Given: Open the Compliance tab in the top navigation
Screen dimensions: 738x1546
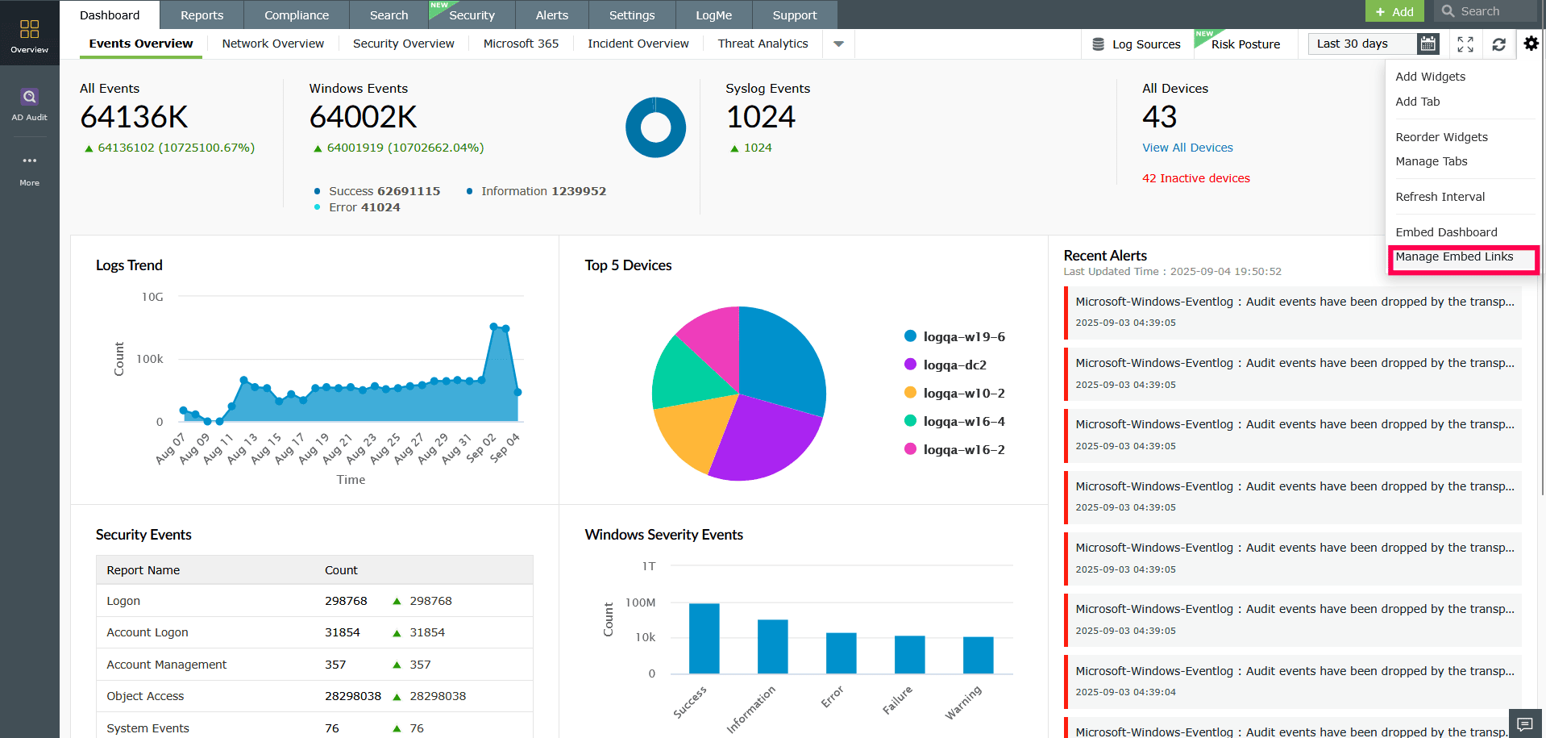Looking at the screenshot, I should tap(297, 15).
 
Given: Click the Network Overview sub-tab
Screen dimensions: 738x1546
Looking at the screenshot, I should tap(272, 44).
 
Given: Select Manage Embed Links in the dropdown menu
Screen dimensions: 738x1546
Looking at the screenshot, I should tap(1454, 256).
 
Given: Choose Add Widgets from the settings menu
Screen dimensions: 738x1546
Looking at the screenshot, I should tap(1430, 77).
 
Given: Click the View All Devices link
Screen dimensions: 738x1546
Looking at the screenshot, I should tap(1187, 148).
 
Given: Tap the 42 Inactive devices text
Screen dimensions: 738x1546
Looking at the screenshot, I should tap(1195, 178).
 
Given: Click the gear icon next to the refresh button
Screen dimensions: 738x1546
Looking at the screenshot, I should tap(1531, 44).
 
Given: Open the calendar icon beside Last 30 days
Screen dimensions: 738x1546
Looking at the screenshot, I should tap(1428, 44).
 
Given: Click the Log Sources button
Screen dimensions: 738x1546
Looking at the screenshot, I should tap(1136, 44).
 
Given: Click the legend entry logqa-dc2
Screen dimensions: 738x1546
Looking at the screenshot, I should tap(954, 365).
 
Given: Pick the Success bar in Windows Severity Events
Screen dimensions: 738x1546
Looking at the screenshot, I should tap(704, 638).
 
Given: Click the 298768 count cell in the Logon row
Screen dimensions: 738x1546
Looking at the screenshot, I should tap(346, 601).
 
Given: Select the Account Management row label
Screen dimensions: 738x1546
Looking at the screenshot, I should tap(167, 665).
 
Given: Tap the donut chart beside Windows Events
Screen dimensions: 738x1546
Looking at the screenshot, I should tap(655, 127).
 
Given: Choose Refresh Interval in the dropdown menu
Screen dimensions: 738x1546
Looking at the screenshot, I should tap(1440, 197).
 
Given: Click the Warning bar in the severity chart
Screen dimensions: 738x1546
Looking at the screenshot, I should tap(978, 655).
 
